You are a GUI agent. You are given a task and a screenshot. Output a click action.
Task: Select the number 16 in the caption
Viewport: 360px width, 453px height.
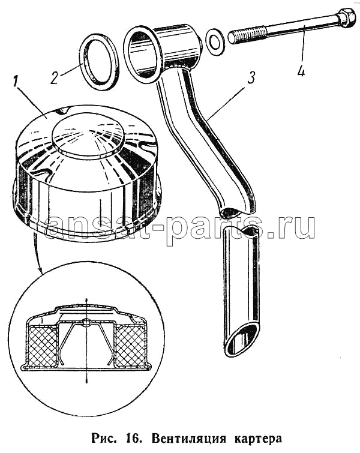[x=133, y=439]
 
